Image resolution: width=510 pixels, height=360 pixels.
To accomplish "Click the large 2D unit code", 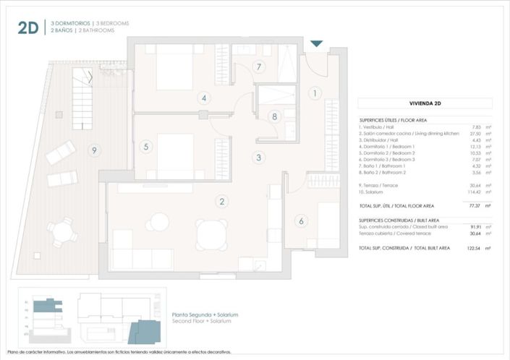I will click(x=27, y=27).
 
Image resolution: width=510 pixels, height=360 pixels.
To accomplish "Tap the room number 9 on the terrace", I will click(x=93, y=150).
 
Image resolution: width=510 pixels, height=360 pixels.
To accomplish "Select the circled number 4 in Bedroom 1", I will click(x=205, y=98).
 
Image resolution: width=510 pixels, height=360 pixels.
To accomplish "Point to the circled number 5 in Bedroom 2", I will click(x=146, y=147).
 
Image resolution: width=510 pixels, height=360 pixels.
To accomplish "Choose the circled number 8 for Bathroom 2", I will click(x=274, y=116).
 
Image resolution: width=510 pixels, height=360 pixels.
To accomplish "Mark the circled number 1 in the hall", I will click(x=315, y=93).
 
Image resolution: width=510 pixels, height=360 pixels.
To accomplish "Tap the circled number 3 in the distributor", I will click(x=258, y=157).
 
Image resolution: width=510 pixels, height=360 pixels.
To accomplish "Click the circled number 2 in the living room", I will click(x=223, y=202).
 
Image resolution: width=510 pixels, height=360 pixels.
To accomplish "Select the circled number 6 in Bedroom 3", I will click(x=301, y=221).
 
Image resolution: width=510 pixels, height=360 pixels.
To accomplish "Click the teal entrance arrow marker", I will click(x=316, y=45).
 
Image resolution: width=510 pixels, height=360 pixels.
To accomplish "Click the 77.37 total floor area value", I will click(x=474, y=206).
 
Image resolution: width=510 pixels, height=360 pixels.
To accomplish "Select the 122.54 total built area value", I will click(x=472, y=248).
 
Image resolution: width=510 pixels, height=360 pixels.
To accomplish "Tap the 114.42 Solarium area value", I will click(x=473, y=192).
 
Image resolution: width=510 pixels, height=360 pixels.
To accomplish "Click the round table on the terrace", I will click(x=65, y=231).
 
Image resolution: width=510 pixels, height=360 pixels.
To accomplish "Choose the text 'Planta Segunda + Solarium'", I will click(x=205, y=315).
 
